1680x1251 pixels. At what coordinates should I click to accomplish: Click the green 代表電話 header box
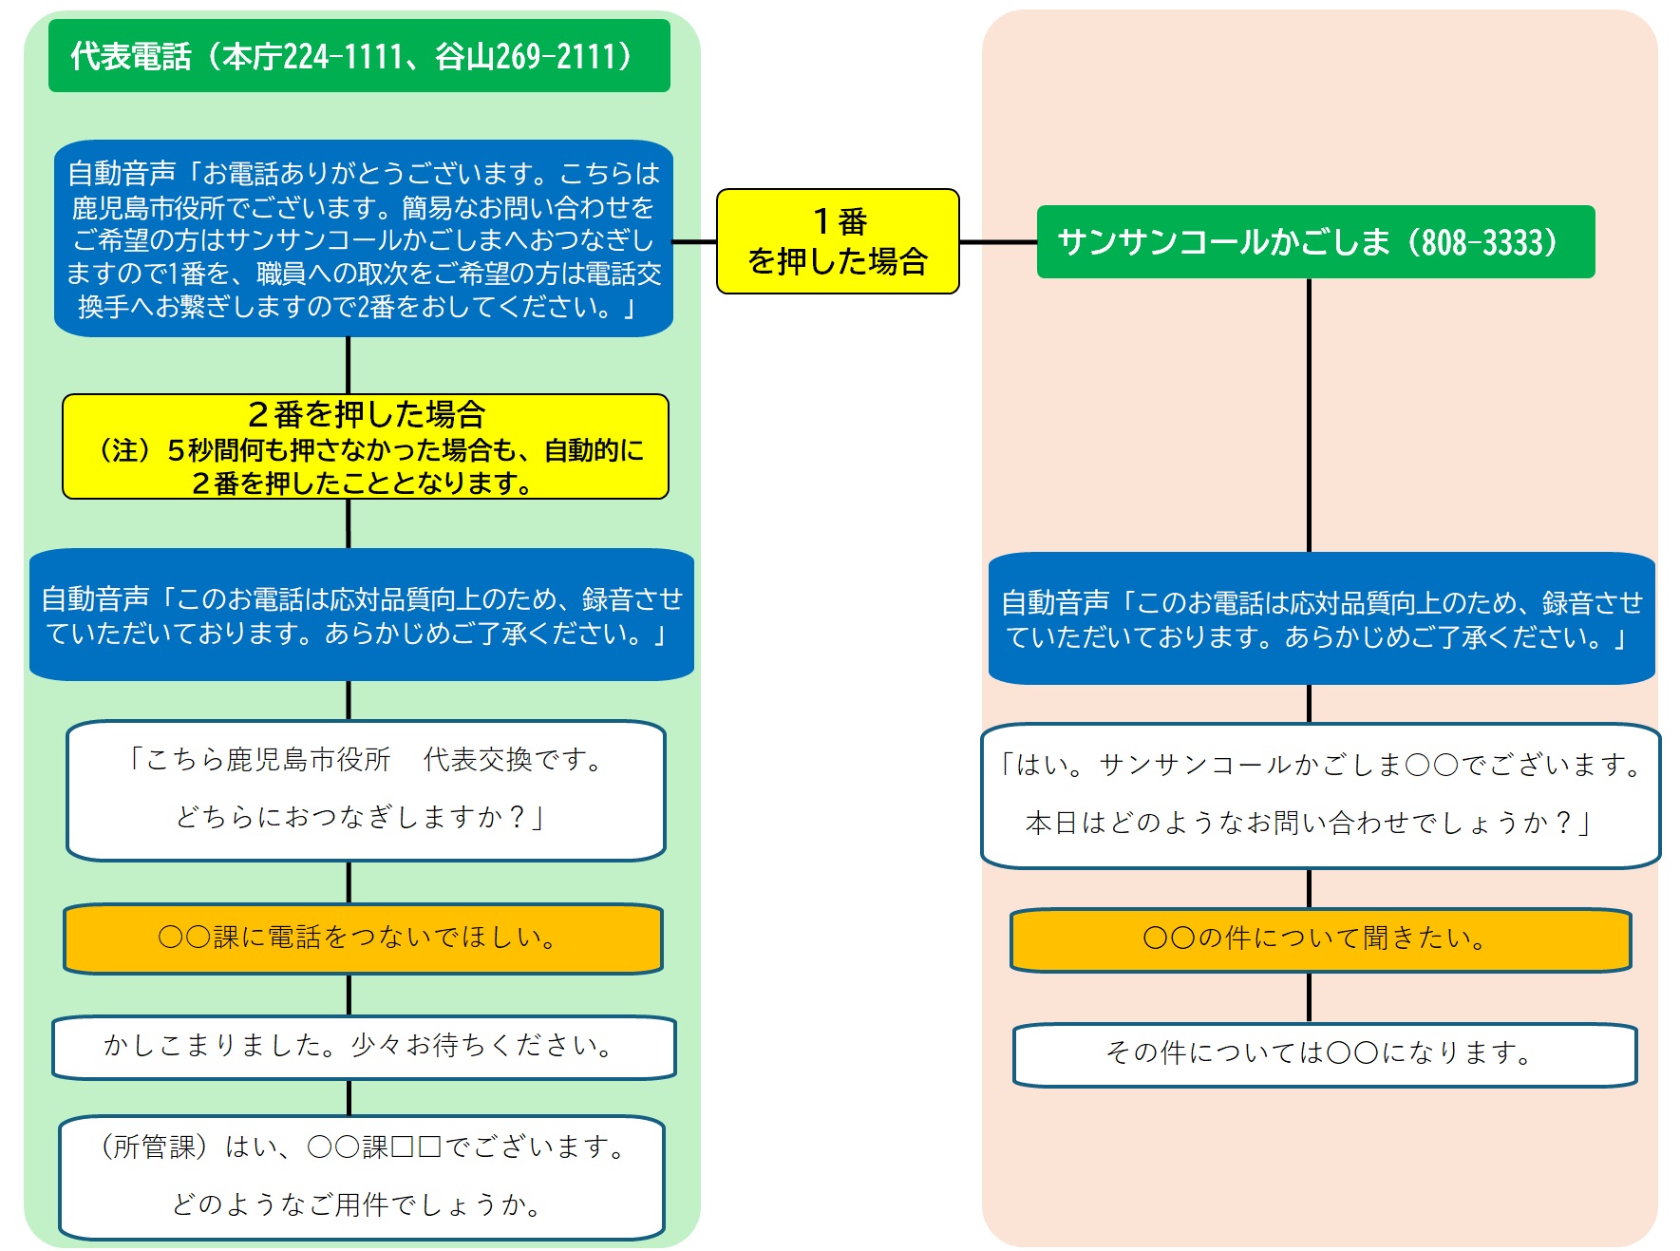pyautogui.click(x=359, y=56)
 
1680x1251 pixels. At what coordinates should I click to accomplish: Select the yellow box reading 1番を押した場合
pyautogui.click(x=838, y=241)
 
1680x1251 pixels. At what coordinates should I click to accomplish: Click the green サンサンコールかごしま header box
pyautogui.click(x=1315, y=242)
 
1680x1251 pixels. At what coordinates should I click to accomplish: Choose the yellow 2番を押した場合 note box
pyautogui.click(x=366, y=446)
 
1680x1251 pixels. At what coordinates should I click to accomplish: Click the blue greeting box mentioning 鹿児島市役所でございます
pyautogui.click(x=364, y=238)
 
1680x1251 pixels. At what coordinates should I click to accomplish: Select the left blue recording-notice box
pyautogui.click(x=362, y=615)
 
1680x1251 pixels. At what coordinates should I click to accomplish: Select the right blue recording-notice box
pyautogui.click(x=1321, y=618)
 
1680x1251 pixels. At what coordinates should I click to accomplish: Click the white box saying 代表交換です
pyautogui.click(x=366, y=789)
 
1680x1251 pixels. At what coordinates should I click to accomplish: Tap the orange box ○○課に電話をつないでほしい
pyautogui.click(x=363, y=938)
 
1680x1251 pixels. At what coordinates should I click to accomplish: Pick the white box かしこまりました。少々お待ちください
pyautogui.click(x=364, y=1047)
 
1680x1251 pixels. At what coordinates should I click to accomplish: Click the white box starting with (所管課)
pyautogui.click(x=362, y=1177)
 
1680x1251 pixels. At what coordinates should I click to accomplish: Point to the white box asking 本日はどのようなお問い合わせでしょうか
pyautogui.click(x=1320, y=795)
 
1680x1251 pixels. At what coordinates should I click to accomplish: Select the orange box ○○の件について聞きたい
pyautogui.click(x=1321, y=939)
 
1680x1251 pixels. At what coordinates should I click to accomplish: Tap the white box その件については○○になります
pyautogui.click(x=1325, y=1053)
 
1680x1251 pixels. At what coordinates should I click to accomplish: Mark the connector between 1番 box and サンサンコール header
pyautogui.click(x=998, y=242)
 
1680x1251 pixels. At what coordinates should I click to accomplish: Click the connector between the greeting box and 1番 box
pyautogui.click(x=695, y=241)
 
